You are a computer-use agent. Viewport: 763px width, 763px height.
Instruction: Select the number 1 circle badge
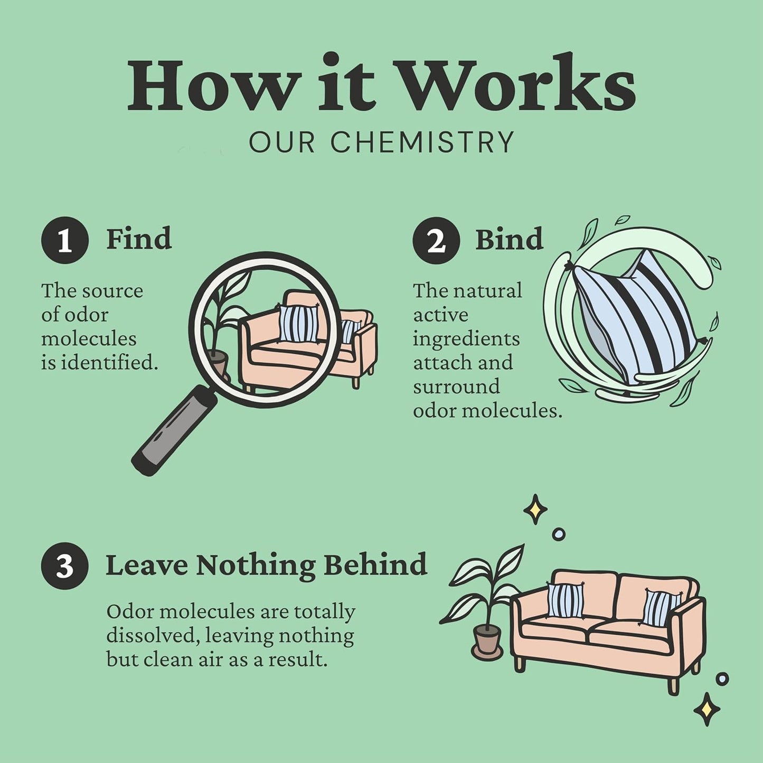click(64, 240)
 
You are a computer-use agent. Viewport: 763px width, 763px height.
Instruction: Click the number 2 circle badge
click(436, 240)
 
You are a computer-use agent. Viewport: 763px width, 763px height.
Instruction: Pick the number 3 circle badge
click(64, 566)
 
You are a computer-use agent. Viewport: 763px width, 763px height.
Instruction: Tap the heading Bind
click(509, 239)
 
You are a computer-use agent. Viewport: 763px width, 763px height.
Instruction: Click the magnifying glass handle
click(174, 431)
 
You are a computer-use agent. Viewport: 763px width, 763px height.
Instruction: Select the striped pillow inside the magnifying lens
click(298, 323)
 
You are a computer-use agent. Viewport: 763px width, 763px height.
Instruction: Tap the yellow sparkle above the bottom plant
click(535, 510)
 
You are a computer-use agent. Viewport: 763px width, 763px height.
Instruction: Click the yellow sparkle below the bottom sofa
click(707, 710)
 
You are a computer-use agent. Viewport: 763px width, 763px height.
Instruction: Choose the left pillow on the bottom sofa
click(566, 600)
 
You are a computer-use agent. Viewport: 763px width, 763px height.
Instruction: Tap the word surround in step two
click(456, 386)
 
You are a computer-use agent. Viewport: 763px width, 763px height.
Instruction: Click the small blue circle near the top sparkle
click(559, 534)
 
